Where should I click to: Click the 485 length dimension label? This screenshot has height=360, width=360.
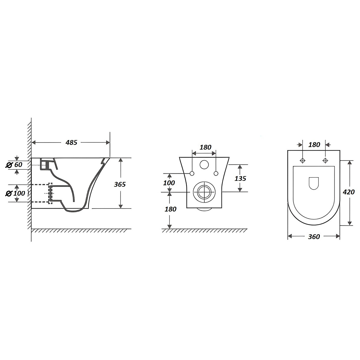(x=71, y=143)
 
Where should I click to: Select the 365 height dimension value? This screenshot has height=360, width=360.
(x=120, y=184)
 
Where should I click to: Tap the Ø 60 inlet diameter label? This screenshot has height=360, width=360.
(x=14, y=164)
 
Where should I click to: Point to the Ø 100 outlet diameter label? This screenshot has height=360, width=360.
(x=15, y=193)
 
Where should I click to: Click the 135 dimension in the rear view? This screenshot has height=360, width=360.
(x=240, y=179)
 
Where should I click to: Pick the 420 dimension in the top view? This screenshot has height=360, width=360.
(x=349, y=192)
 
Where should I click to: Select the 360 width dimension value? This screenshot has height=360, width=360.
(x=314, y=237)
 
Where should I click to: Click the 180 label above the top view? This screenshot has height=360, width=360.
(x=314, y=145)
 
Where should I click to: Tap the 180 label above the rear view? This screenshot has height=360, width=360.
(x=205, y=147)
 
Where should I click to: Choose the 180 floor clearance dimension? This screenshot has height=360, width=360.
(x=170, y=209)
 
